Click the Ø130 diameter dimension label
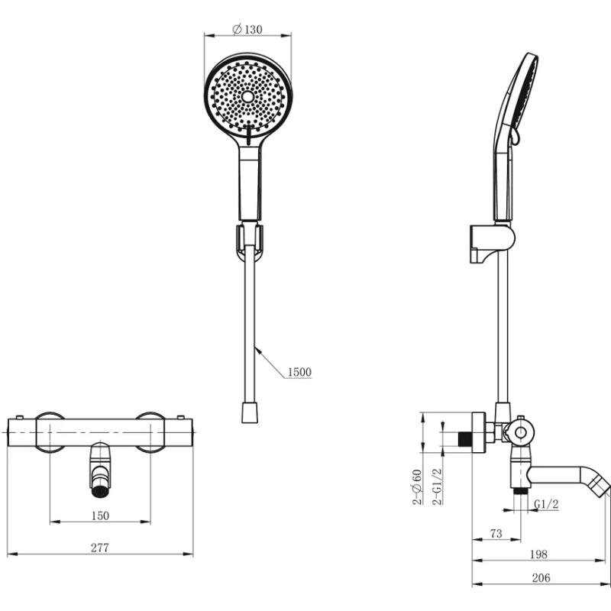coord(247,29)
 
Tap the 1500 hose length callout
coord(299,372)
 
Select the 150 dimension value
coord(100,516)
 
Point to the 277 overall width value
coord(100,548)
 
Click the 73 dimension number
coord(496,533)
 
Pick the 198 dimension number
coord(539,554)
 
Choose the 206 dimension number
coord(541,577)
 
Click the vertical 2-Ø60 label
coord(417,487)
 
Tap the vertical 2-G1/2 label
coord(438,487)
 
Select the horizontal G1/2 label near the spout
coord(546,504)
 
